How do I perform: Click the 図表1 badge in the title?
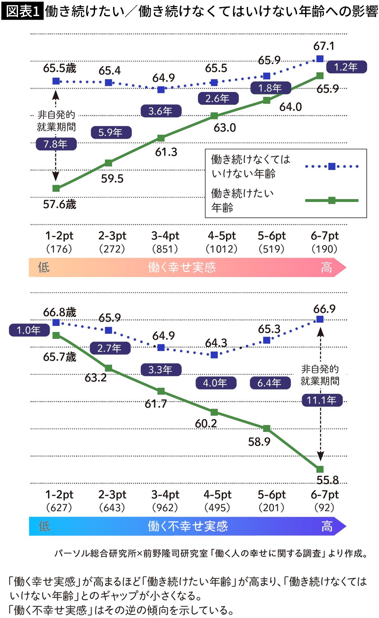click(22, 11)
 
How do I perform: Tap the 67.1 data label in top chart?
click(324, 46)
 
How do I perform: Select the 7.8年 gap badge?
click(56, 144)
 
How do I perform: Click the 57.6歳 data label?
click(60, 204)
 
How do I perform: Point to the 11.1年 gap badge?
click(322, 400)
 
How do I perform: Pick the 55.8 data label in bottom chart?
click(328, 480)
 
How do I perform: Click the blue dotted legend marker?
click(332, 166)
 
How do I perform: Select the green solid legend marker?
click(332, 200)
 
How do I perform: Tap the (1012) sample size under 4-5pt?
click(222, 249)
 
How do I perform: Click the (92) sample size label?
click(324, 508)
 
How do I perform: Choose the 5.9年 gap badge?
click(111, 132)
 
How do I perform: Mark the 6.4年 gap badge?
click(270, 383)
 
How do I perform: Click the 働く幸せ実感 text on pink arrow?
click(182, 267)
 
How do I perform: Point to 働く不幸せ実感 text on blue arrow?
click(188, 526)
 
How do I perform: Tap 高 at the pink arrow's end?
click(326, 267)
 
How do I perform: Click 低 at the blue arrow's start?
click(44, 526)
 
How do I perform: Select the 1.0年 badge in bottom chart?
click(29, 330)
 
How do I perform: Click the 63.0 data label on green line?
click(225, 128)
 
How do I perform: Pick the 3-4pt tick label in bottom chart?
click(165, 495)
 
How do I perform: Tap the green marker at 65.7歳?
click(56, 335)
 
